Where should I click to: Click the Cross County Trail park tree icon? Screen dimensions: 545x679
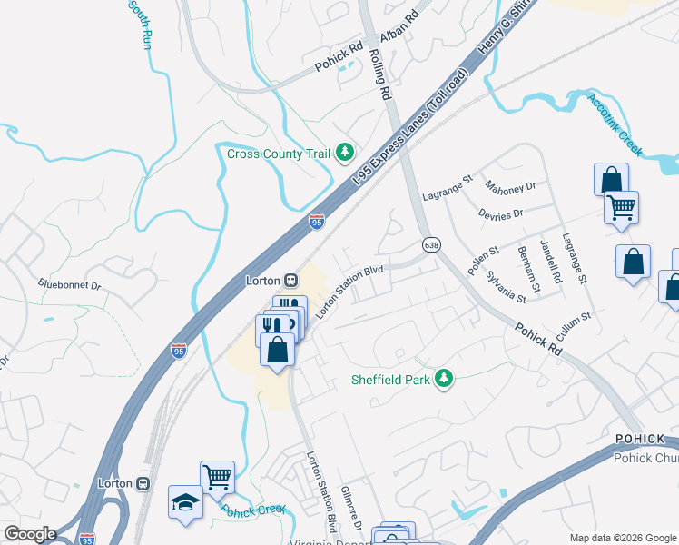tap(344, 153)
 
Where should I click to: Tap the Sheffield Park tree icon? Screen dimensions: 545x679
tap(443, 378)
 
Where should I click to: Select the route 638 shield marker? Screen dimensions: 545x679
tap(431, 245)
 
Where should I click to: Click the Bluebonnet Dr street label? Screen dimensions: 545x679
tap(69, 284)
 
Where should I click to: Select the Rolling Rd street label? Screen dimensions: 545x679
tap(380, 74)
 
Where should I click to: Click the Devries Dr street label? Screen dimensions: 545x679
tap(500, 215)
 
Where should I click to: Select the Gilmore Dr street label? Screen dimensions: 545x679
tap(351, 509)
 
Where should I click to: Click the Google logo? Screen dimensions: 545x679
tap(29, 534)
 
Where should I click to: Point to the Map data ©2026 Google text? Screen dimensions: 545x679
tap(622, 538)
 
